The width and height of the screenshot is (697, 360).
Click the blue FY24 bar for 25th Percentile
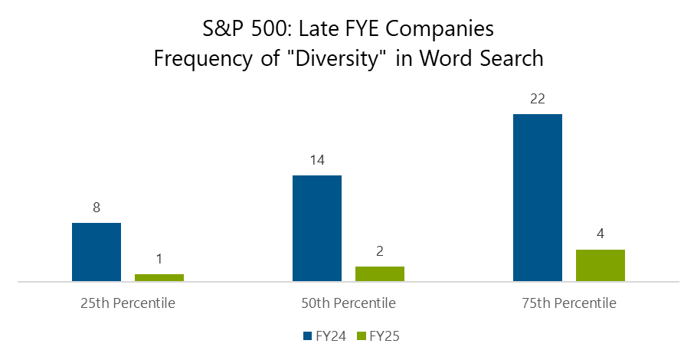point(97,252)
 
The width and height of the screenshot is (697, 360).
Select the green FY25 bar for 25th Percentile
point(159,277)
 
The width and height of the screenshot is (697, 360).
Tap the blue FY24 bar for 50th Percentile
point(317,228)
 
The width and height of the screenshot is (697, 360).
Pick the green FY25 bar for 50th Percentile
point(380,273)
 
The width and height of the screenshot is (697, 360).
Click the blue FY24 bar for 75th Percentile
point(538,198)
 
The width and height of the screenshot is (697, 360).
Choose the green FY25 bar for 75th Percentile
point(600,265)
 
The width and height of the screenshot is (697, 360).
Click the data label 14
point(317,161)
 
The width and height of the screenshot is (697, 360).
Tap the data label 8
point(97,208)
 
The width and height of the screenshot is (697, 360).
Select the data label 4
point(600,234)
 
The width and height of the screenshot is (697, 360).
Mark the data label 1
point(159,259)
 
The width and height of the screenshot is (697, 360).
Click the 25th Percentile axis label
point(128,303)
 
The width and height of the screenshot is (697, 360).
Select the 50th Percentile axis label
point(348,303)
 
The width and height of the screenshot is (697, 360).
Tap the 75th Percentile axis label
point(569,303)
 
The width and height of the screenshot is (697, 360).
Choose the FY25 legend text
point(388,335)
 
